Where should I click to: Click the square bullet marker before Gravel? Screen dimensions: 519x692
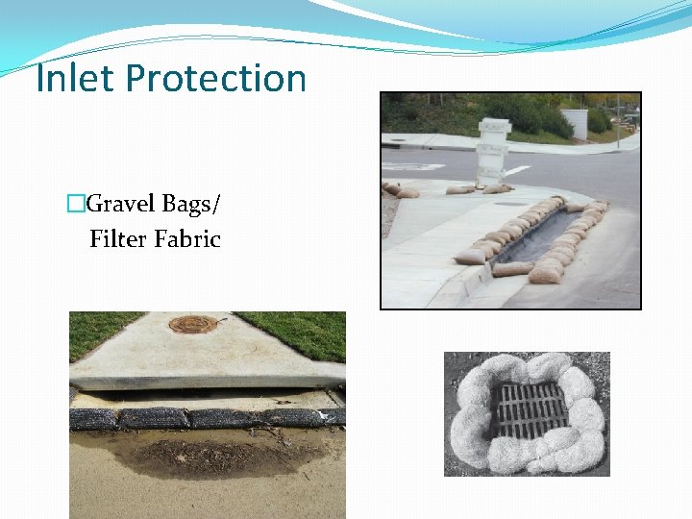(76, 204)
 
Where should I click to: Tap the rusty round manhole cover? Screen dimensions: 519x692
(192, 324)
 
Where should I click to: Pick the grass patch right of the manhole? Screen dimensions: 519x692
(308, 332)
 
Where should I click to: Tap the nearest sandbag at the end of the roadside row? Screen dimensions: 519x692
(546, 276)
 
